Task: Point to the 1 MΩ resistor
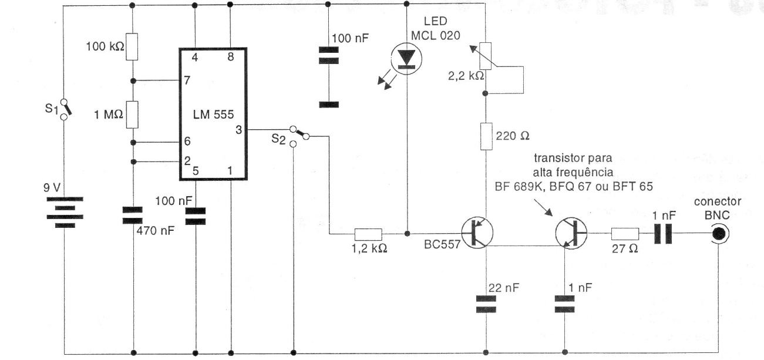tap(133, 114)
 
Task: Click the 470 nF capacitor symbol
tap(133, 215)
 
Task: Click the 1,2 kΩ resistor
tap(368, 233)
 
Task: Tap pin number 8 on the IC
tap(230, 58)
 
